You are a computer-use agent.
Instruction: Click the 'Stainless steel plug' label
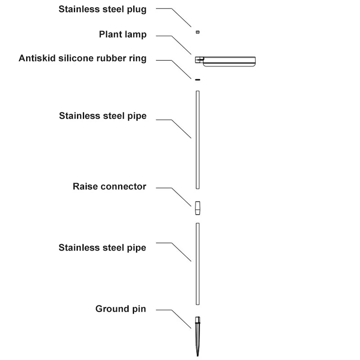pyautogui.click(x=103, y=9)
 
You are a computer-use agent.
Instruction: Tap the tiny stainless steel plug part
pyautogui.click(x=198, y=32)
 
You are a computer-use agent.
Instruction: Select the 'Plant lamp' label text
pyautogui.click(x=123, y=35)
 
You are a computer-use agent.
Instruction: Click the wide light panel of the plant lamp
pyautogui.click(x=229, y=61)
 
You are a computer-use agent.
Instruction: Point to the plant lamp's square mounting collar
pyautogui.click(x=198, y=59)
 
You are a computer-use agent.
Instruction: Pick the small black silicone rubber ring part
pyautogui.click(x=197, y=80)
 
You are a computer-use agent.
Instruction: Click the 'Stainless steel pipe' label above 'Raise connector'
pyautogui.click(x=103, y=116)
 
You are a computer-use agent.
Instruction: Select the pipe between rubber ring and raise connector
pyautogui.click(x=198, y=139)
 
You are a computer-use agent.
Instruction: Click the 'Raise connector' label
pyautogui.click(x=109, y=186)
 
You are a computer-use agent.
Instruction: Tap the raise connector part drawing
pyautogui.click(x=198, y=208)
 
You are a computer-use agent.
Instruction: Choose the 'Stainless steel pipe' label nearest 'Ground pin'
pyautogui.click(x=103, y=247)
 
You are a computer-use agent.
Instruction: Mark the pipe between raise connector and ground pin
pyautogui.click(x=198, y=263)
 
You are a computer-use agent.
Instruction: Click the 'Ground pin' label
pyautogui.click(x=121, y=309)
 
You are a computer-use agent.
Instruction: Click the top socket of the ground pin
pyautogui.click(x=198, y=320)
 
